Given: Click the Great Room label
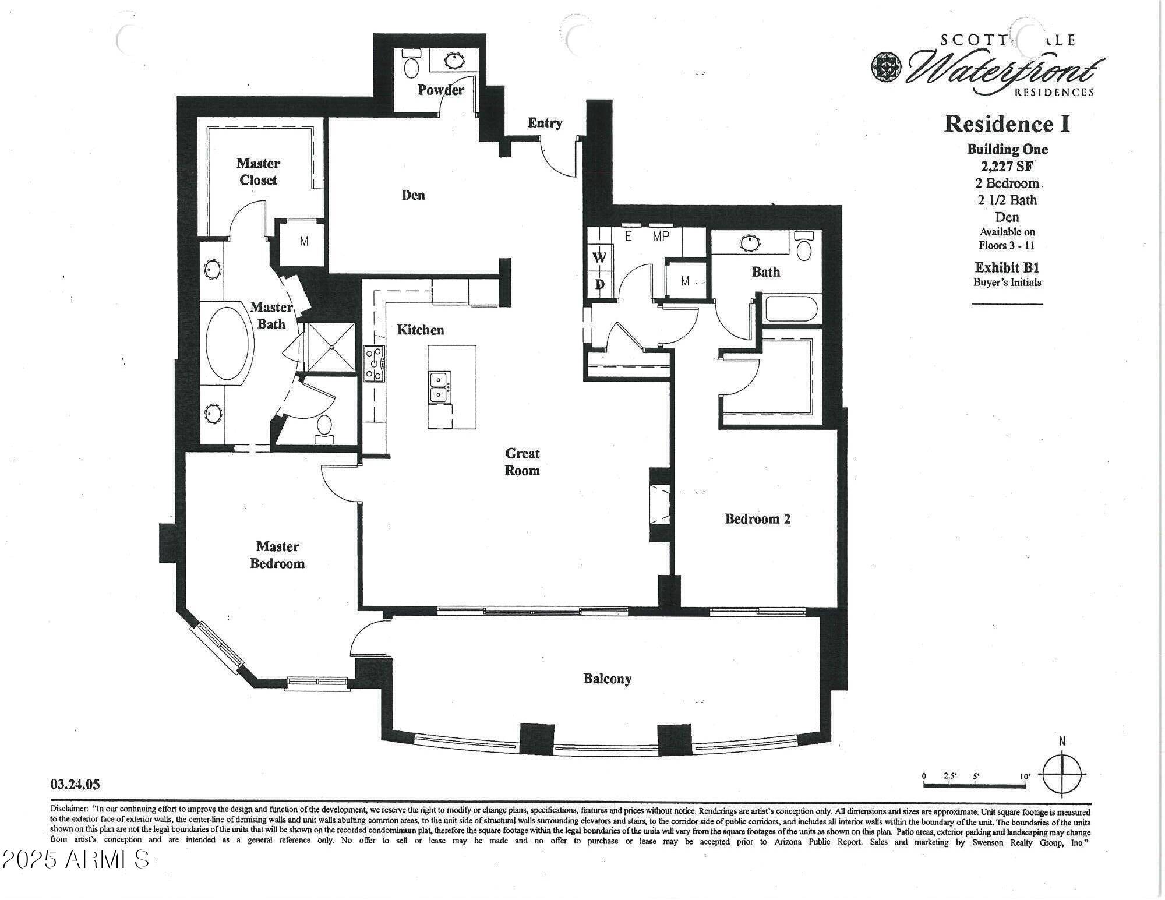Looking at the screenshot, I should (x=522, y=462).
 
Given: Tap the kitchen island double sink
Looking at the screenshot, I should (x=438, y=387).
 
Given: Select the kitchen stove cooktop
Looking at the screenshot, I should (x=374, y=363).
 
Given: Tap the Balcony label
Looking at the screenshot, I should (x=607, y=679).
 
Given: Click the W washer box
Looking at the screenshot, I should (x=599, y=257).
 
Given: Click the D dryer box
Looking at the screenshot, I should (x=599, y=285).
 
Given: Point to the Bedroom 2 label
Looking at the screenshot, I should (x=757, y=518).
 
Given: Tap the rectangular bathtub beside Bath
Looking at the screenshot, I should (x=792, y=309).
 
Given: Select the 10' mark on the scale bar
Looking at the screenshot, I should (x=1025, y=777).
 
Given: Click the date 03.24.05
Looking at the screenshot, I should (x=75, y=785).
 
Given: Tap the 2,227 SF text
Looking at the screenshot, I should (x=1007, y=166).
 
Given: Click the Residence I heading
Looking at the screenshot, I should (x=1007, y=124).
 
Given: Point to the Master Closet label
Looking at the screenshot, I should (x=258, y=172).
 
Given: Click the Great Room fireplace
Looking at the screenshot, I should (x=660, y=504).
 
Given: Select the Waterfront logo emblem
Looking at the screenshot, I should (x=886, y=67).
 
